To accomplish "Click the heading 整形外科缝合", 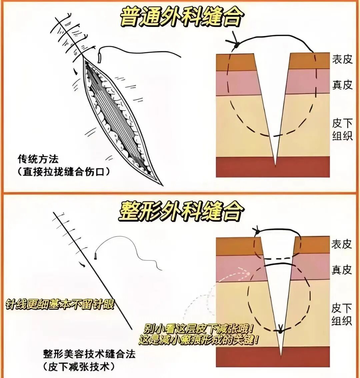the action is point(180,211).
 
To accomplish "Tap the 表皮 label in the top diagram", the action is point(342,59).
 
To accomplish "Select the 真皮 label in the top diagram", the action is point(342,85).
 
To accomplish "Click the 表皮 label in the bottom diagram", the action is point(342,244).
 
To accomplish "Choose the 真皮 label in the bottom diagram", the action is point(342,270).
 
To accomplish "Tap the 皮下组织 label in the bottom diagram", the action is point(342,314).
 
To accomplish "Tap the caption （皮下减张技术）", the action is point(79,367).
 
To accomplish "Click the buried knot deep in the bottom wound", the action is point(280,330).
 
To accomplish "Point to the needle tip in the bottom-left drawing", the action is point(96,257).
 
